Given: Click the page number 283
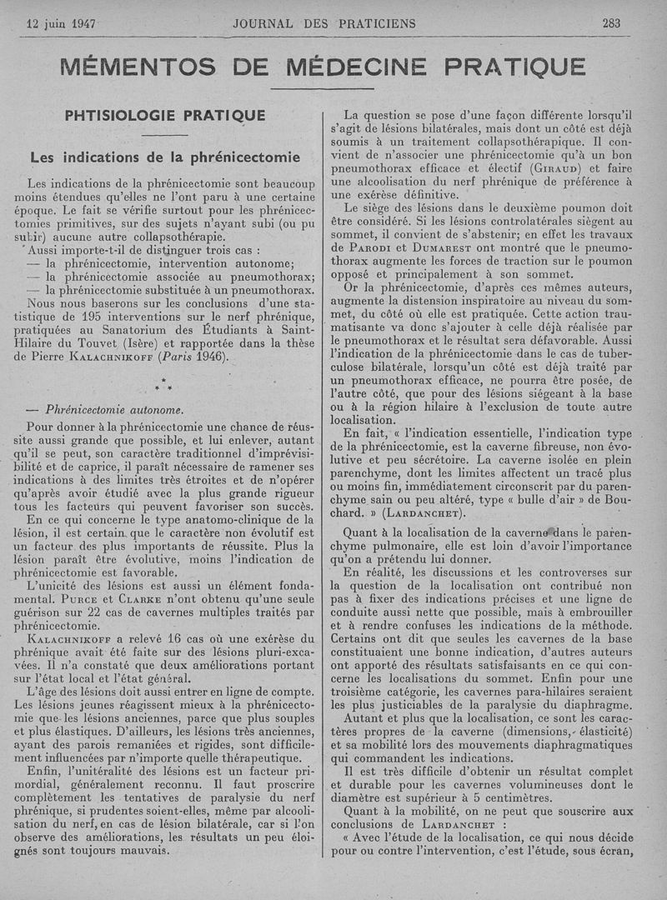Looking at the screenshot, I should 611,23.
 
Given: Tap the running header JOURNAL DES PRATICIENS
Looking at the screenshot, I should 324,23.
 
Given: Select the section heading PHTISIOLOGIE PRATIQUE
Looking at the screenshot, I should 165,116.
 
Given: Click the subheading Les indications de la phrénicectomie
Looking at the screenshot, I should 164,157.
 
